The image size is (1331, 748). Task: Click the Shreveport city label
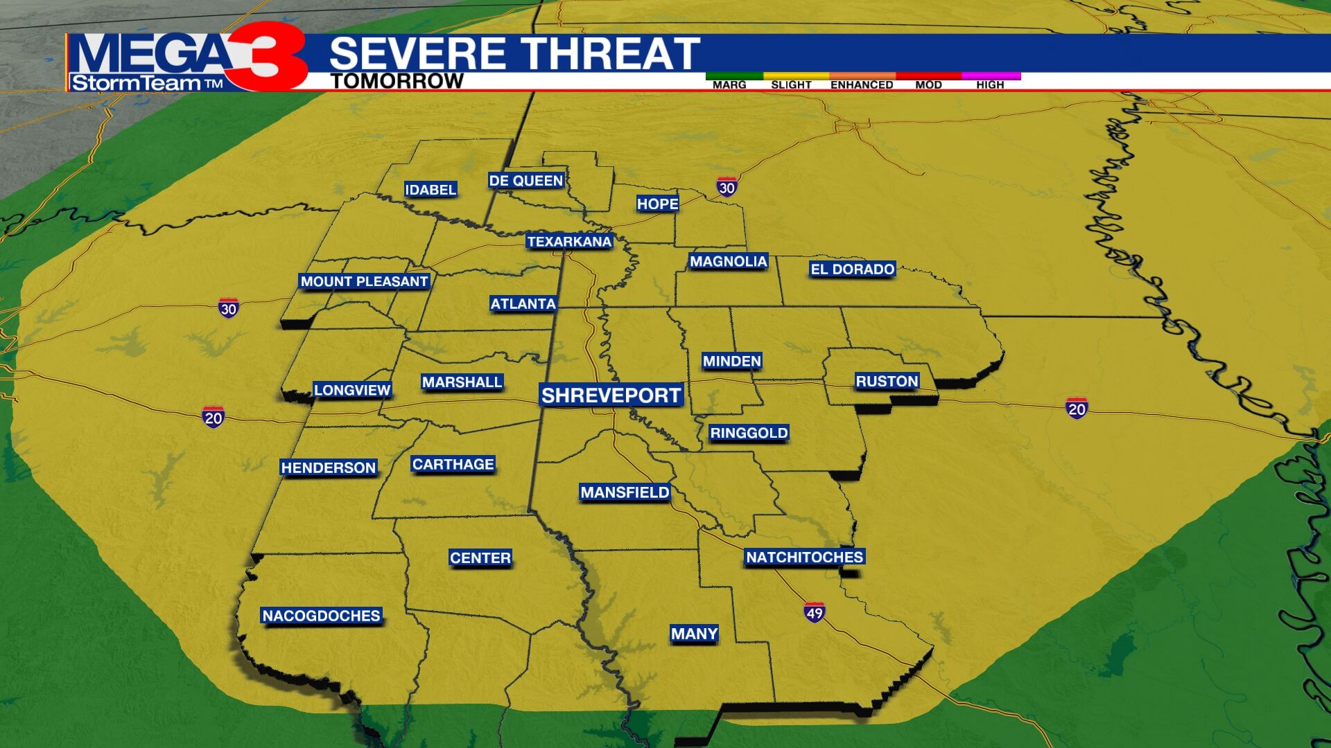[611, 395]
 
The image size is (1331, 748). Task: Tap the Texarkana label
[568, 242]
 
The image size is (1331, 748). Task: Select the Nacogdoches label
[321, 616]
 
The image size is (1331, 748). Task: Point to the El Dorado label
[852, 269]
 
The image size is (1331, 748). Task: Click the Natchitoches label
[804, 557]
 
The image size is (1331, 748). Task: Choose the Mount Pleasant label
[364, 282]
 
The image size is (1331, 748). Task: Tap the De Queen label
[525, 181]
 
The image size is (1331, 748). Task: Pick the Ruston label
[887, 382]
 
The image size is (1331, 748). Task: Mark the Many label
[694, 634]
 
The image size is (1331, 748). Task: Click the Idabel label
[430, 190]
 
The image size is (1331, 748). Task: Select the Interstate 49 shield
[815, 612]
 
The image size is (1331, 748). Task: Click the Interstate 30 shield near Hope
[727, 187]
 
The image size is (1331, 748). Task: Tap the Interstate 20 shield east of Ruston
[1077, 409]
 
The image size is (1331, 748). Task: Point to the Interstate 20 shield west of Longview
[214, 418]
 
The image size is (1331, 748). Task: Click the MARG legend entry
[729, 84]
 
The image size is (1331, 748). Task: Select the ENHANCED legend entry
[862, 84]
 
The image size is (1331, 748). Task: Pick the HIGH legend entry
[990, 84]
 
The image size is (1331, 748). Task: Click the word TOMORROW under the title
[397, 81]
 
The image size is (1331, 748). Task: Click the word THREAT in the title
[610, 53]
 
